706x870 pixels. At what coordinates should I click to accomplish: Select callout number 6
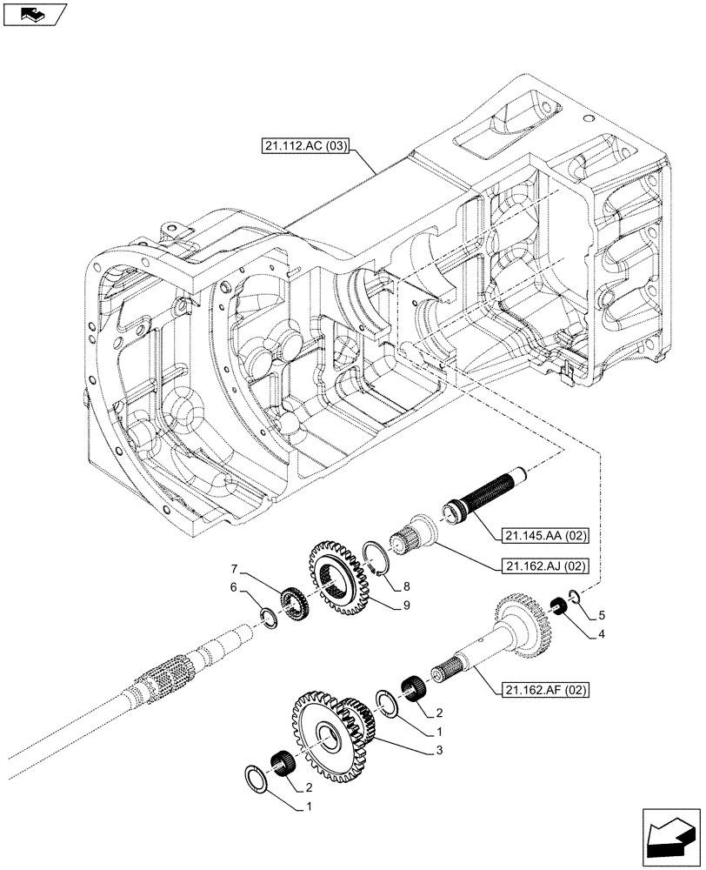point(233,588)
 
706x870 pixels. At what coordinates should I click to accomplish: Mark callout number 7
point(233,568)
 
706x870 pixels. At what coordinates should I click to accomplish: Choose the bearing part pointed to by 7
point(294,602)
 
